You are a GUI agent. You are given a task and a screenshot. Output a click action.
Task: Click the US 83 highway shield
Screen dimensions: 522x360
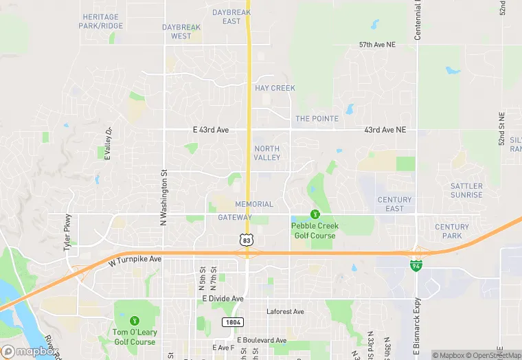click(247, 239)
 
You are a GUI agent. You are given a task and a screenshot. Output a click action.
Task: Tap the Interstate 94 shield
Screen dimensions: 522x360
click(416, 265)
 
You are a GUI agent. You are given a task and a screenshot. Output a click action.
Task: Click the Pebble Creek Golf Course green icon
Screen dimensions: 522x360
click(315, 215)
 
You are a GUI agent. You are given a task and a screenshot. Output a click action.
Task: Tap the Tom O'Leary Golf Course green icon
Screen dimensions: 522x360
click(135, 321)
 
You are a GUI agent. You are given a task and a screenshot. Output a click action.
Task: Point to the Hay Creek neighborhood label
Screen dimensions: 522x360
click(275, 88)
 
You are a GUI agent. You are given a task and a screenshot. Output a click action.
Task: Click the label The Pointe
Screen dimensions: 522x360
click(317, 119)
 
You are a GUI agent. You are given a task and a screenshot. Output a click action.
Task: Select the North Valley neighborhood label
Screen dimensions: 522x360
click(267, 153)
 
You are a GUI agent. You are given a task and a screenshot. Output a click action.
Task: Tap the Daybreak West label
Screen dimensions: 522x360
click(181, 32)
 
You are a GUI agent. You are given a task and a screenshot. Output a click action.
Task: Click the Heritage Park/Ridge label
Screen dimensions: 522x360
click(101, 21)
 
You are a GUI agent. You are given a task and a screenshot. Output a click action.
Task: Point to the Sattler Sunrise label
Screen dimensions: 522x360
click(466, 190)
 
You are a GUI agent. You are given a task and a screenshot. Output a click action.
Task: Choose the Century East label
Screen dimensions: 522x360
click(394, 204)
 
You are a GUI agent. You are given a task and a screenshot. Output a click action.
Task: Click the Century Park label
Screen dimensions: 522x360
click(452, 231)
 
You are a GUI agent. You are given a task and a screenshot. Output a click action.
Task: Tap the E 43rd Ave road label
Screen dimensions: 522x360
click(211, 130)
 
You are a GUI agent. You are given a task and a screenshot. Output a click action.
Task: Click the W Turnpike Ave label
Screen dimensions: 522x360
click(134, 260)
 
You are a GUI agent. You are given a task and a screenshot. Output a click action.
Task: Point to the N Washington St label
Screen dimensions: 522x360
click(163, 198)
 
